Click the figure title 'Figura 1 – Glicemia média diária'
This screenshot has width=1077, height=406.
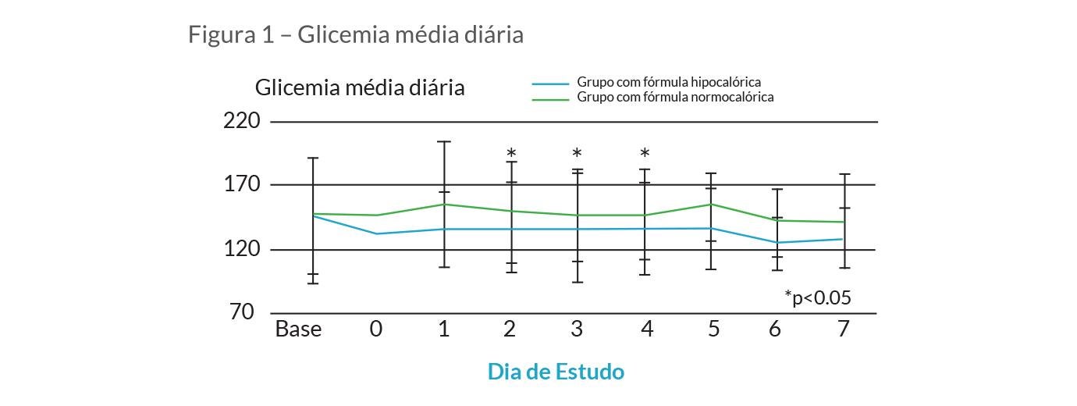click(355, 35)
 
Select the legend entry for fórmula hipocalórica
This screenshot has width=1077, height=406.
click(669, 82)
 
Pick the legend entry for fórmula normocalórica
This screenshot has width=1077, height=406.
click(675, 98)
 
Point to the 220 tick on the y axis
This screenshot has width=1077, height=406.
click(241, 121)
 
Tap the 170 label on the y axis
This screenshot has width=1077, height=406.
click(241, 185)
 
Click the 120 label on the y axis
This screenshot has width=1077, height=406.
click(241, 249)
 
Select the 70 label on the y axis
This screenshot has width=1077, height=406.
click(243, 312)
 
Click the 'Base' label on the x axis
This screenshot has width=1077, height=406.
click(298, 329)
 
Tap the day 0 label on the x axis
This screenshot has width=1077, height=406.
click(376, 329)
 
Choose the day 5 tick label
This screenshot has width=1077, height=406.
click(713, 329)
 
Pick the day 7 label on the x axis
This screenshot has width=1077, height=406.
click(843, 329)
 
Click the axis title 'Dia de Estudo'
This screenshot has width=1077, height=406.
click(556, 372)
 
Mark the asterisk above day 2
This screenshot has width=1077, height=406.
click(511, 154)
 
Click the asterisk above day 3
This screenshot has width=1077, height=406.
click(577, 154)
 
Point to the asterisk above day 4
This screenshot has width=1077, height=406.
click(645, 154)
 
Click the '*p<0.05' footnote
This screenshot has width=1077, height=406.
click(817, 297)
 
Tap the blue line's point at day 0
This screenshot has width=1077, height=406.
click(377, 233)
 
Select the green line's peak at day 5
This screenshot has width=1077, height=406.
click(711, 204)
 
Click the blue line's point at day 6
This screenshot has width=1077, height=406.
click(777, 242)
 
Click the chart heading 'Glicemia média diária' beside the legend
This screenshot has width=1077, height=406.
click(360, 87)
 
